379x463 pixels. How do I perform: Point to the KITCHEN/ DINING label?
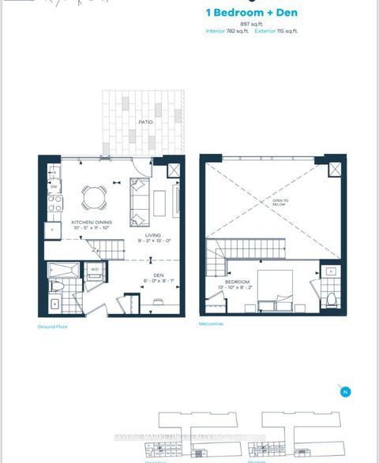(92, 223)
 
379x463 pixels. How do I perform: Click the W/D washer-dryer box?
(96, 270)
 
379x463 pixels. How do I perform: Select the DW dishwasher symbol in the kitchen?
(54, 185)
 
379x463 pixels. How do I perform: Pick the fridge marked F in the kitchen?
(54, 229)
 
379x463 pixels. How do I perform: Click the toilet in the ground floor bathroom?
(58, 286)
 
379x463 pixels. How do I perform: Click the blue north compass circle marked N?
(344, 391)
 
